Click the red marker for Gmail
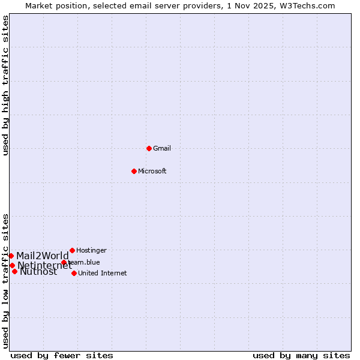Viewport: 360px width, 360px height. tap(149, 148)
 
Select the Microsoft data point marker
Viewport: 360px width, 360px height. tap(134, 171)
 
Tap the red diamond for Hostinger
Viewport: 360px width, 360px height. tap(72, 250)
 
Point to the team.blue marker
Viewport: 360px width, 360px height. tap(64, 262)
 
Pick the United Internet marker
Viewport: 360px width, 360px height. tap(74, 273)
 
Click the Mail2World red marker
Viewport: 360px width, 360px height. tap(11, 256)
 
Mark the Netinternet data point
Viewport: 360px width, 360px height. tap(12, 265)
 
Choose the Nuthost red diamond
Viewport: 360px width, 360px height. tap(14, 271)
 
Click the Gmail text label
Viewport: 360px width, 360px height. tap(162, 148)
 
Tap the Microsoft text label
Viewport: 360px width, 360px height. tap(152, 171)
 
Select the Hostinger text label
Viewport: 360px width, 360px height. tap(91, 250)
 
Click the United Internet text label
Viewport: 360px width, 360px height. tap(103, 273)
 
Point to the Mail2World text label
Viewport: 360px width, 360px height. tap(43, 256)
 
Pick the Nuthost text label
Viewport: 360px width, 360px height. tap(38, 272)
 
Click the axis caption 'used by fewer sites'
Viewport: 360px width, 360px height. tap(62, 355)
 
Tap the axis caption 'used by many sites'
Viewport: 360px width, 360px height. tap(301, 355)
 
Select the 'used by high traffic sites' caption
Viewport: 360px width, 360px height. tap(5, 85)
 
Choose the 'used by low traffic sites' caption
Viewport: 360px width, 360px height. tap(5, 281)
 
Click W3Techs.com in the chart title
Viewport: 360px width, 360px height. tap(309, 5)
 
